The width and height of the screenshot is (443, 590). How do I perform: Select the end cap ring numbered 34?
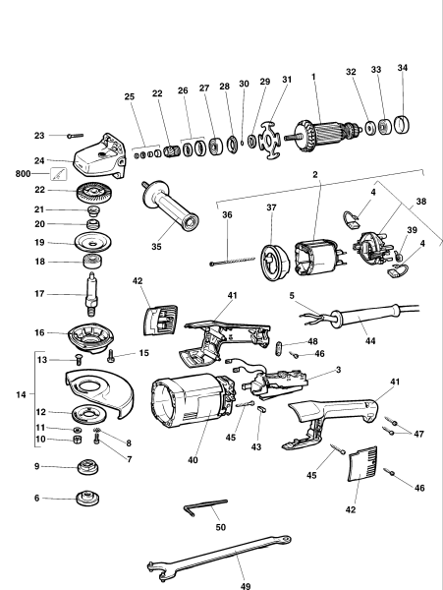point(403,126)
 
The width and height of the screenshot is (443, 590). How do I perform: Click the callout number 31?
point(287,80)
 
